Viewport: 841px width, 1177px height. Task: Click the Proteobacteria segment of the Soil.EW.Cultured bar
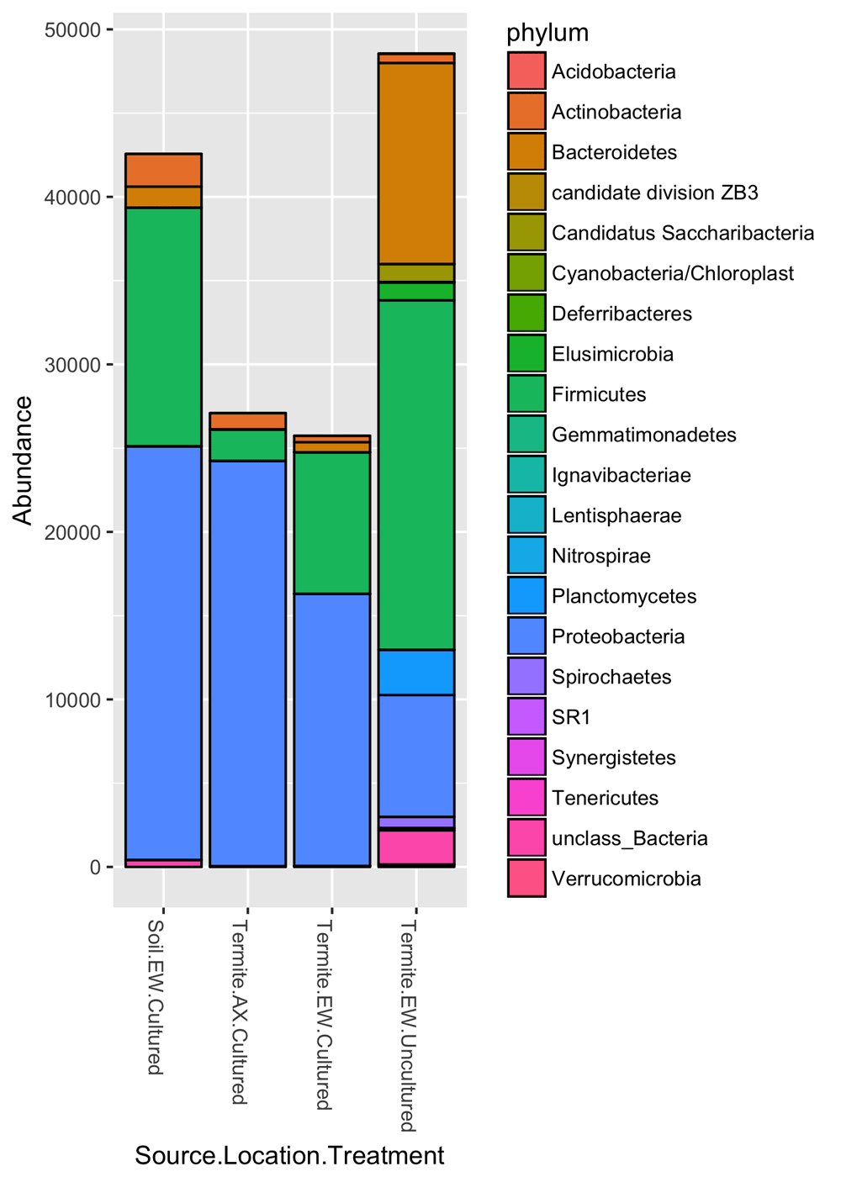[x=163, y=652]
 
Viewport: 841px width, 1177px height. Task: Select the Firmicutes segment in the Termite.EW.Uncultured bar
[x=415, y=475]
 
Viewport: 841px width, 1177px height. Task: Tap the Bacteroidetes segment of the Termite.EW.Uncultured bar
[x=415, y=164]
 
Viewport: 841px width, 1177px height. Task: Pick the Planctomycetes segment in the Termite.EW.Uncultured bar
[x=415, y=673]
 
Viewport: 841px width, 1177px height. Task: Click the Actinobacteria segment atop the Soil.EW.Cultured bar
[x=163, y=170]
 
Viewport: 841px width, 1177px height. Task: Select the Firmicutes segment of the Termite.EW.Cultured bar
[x=331, y=523]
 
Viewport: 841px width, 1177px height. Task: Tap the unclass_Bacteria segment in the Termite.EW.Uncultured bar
[x=415, y=847]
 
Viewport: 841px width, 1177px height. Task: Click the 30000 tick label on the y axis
[x=71, y=365]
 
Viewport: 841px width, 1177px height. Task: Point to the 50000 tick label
[x=71, y=30]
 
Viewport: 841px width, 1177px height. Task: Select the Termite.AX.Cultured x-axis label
[x=240, y=1012]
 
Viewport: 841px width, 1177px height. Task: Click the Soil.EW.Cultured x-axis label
[x=156, y=997]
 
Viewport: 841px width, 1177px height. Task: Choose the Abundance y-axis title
[x=23, y=461]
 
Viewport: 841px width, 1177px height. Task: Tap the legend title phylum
[x=547, y=33]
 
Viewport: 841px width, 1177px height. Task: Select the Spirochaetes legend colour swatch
[x=526, y=677]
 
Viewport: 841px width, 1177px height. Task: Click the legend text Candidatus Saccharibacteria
[x=682, y=233]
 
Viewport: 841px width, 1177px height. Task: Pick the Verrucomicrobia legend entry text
[x=626, y=879]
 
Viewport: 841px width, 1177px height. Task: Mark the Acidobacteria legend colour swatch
[x=526, y=71]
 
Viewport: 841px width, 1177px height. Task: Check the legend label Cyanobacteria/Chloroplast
[x=672, y=273]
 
